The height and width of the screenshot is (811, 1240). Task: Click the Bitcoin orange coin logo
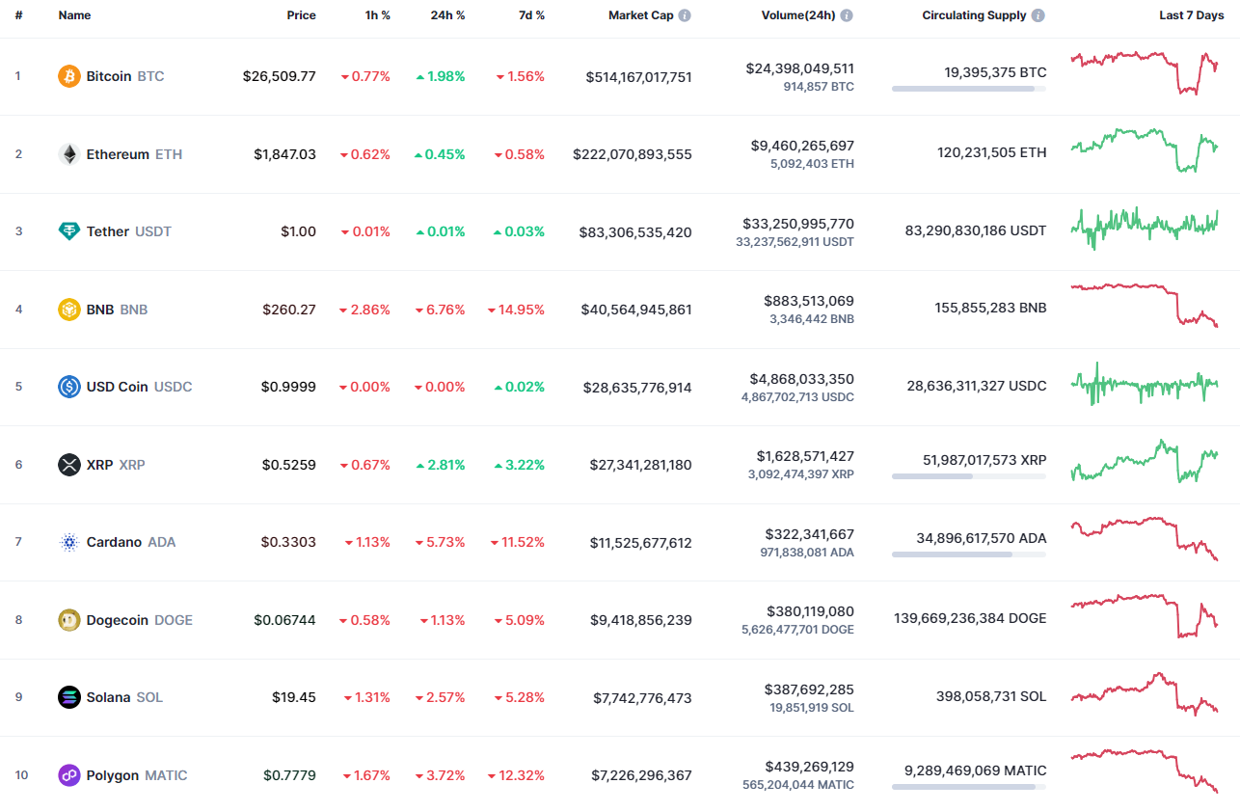click(69, 76)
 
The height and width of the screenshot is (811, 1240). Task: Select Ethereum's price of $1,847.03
click(284, 154)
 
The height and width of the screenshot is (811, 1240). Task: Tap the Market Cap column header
click(640, 15)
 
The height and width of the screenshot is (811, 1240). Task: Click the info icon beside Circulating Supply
click(1038, 15)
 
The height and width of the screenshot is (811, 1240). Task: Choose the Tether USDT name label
click(128, 231)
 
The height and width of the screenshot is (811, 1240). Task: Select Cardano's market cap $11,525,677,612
click(640, 543)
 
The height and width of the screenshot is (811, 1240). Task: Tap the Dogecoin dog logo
click(69, 620)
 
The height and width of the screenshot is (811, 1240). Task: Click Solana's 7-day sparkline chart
click(1144, 694)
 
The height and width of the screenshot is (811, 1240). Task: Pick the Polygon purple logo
click(69, 775)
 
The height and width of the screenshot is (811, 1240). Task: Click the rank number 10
click(21, 775)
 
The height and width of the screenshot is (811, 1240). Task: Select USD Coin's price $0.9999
click(288, 387)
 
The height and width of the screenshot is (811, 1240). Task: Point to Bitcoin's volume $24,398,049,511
click(799, 68)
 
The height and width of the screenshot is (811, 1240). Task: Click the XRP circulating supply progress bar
click(968, 475)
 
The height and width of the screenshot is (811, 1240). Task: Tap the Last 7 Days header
click(1191, 15)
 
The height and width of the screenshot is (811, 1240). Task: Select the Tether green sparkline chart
click(1144, 227)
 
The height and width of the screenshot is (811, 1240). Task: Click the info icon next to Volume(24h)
click(847, 15)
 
